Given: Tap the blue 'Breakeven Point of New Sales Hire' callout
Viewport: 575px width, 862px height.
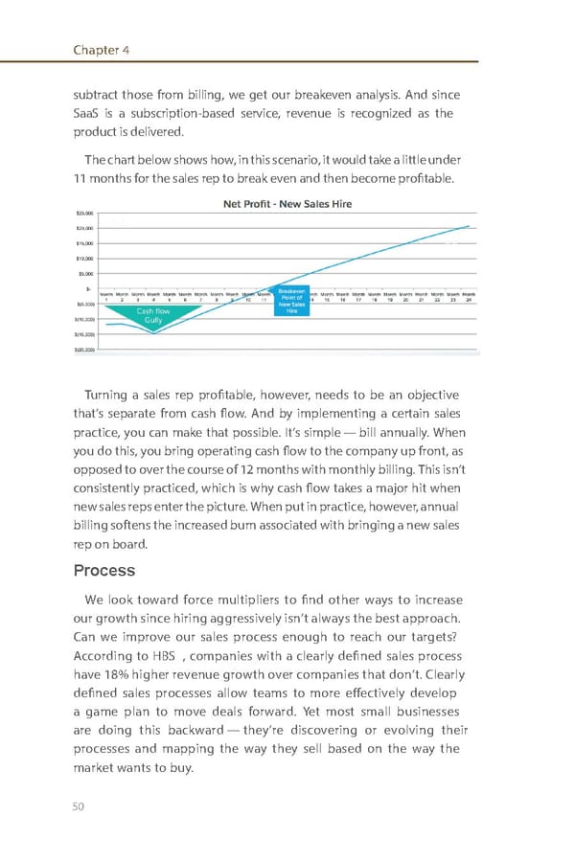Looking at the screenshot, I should (x=291, y=301).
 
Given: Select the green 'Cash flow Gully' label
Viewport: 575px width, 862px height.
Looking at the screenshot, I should (x=153, y=316).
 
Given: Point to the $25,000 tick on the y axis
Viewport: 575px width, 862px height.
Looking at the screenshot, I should (x=84, y=214).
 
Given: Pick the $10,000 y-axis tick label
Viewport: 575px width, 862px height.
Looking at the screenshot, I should (x=84, y=259).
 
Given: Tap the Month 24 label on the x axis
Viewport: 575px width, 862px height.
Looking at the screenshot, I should (x=469, y=297).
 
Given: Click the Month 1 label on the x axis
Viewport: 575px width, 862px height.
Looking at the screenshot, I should (x=107, y=297).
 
